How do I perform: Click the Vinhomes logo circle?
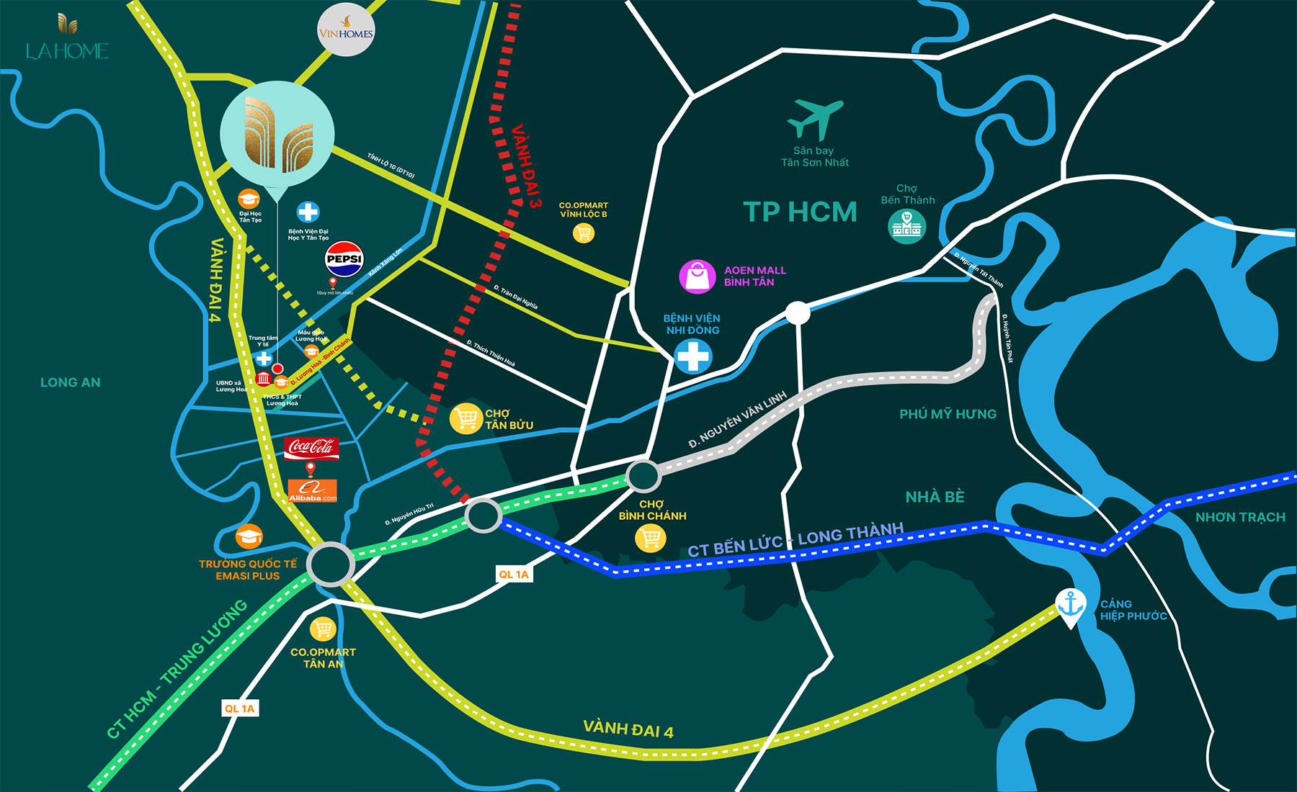coord(346,30)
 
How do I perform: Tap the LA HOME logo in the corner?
coord(67,38)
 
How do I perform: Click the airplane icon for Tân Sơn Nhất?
coord(815,120)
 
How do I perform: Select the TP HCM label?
coord(800,212)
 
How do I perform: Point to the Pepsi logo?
coord(344,259)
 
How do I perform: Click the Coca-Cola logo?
coord(311,447)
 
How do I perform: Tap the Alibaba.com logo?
coord(312,490)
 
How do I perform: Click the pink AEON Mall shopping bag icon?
coord(697,276)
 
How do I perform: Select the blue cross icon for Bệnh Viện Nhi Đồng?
coord(693,356)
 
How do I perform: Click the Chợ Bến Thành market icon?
coord(906,226)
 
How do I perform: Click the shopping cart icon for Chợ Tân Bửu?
coord(465,418)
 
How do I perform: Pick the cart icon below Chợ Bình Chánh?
coord(650,537)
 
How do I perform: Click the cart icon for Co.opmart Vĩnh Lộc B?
coord(583,233)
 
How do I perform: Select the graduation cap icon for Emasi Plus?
coord(249,536)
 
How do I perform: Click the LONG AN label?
coord(71,382)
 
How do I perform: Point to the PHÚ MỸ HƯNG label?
coord(948,414)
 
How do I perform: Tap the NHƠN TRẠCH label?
coord(1240,517)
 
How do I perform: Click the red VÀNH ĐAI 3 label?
coord(526,166)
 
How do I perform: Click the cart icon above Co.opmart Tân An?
coord(323,629)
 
